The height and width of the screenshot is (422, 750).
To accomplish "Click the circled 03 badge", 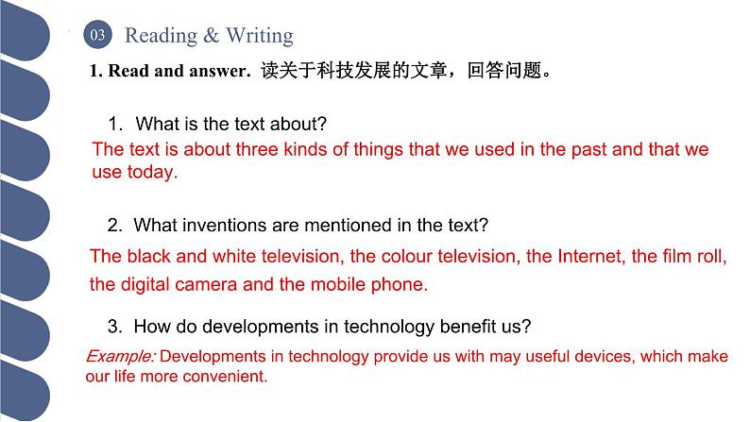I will [x=99, y=36].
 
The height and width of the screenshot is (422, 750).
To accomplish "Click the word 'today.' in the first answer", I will [x=151, y=172].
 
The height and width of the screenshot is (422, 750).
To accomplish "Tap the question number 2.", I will [x=114, y=225].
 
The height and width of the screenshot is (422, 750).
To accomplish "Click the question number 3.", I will [x=114, y=327].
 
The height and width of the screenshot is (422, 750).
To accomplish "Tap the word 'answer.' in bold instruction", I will [x=219, y=72].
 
